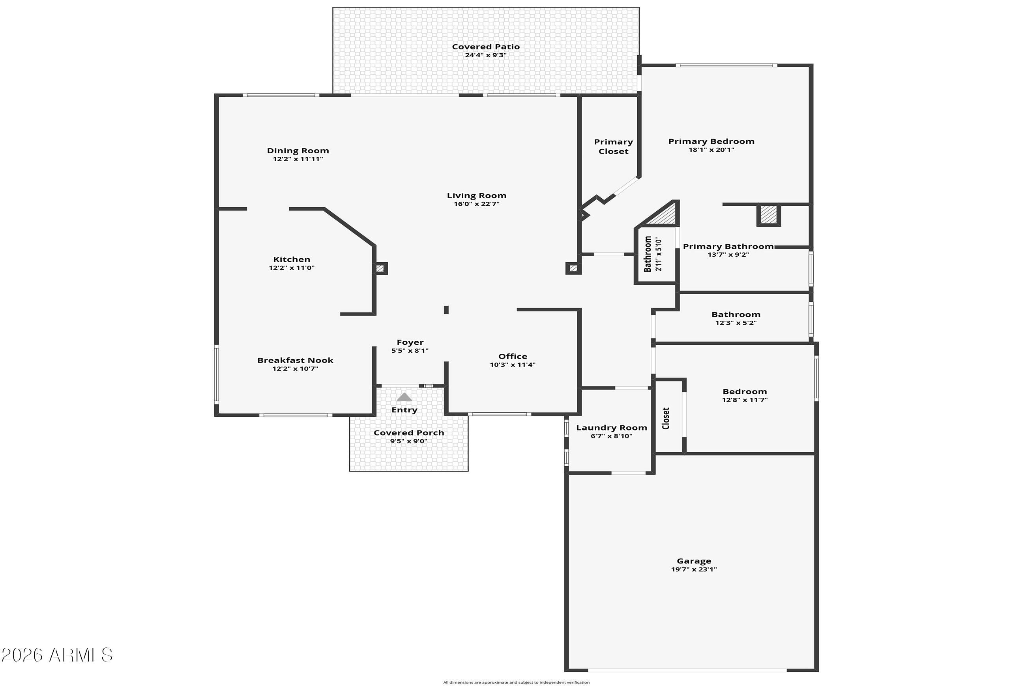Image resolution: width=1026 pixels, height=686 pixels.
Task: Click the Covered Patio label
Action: click(486, 46)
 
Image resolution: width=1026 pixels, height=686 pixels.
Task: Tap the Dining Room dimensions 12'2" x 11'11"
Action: click(298, 159)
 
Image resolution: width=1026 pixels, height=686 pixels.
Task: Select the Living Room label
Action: click(476, 195)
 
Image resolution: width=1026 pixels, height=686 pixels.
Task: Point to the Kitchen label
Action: click(292, 259)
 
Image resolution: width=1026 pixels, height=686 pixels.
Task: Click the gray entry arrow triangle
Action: click(404, 397)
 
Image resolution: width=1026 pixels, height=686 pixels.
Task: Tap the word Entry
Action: click(404, 410)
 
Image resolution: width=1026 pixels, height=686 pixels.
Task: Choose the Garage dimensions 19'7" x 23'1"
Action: click(694, 569)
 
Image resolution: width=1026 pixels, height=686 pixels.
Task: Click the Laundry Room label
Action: click(612, 428)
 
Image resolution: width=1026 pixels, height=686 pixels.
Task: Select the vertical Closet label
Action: click(666, 418)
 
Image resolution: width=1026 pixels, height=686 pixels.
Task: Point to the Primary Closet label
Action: click(613, 147)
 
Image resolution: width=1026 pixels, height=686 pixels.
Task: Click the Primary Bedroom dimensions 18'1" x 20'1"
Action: click(711, 150)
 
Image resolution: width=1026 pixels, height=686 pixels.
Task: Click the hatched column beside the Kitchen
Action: click(380, 268)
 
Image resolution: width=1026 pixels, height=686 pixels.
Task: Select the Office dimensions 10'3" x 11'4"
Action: click(512, 365)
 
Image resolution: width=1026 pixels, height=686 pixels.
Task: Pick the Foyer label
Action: click(410, 342)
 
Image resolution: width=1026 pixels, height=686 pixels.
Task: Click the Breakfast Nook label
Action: click(295, 361)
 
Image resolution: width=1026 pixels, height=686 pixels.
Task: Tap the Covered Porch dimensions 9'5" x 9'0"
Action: click(409, 441)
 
